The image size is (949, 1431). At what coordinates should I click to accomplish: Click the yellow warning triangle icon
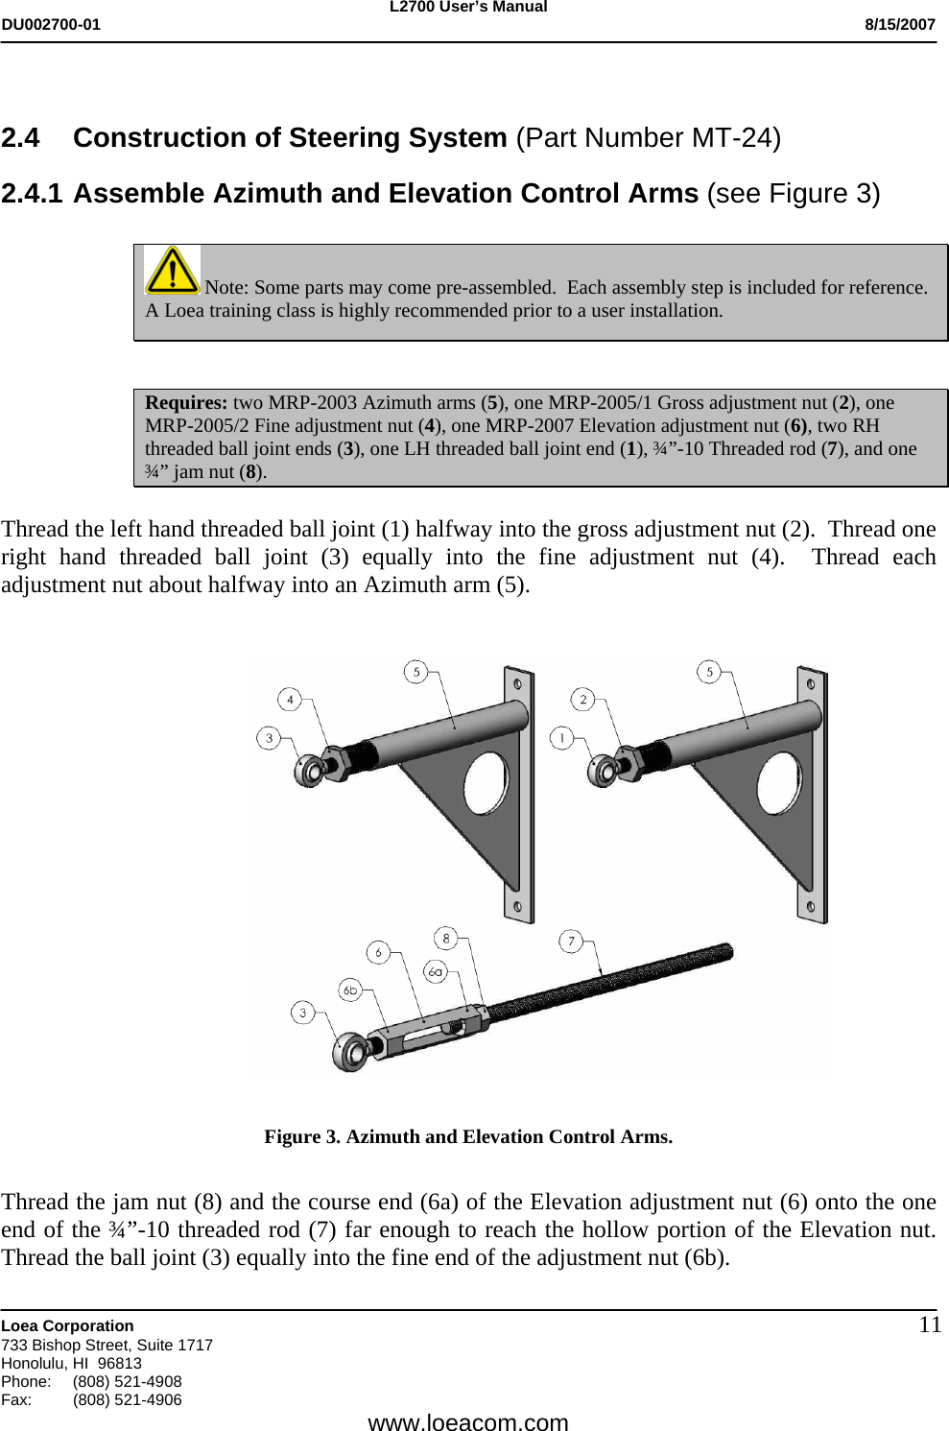(172, 270)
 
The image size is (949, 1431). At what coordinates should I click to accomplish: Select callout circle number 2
(583, 700)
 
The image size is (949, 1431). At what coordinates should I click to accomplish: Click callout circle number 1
(561, 737)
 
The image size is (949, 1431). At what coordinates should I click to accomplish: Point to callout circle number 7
(571, 942)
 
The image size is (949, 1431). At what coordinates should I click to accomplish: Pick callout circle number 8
(445, 936)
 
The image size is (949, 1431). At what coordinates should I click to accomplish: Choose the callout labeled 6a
(436, 971)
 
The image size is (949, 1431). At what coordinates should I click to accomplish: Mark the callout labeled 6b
(350, 990)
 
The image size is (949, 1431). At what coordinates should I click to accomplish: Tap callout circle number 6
(379, 952)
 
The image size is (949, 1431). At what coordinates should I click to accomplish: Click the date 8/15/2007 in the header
(899, 25)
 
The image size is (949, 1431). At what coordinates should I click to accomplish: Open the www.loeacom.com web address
(468, 1421)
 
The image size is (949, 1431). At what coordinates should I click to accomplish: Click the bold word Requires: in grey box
(186, 402)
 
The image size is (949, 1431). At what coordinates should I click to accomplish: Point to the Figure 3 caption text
(468, 1136)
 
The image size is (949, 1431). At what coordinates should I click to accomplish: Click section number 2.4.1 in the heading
(32, 194)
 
